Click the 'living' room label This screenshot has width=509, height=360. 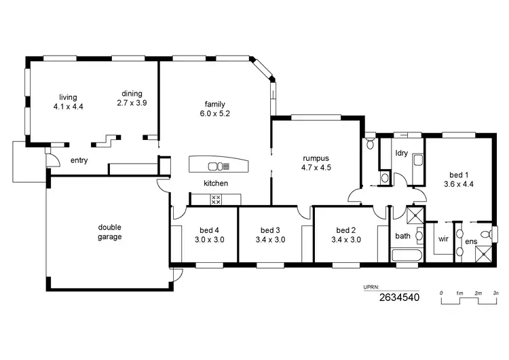(x=67, y=97)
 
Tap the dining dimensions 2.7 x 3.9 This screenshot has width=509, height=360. (x=132, y=103)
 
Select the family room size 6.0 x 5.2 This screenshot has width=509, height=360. (x=215, y=113)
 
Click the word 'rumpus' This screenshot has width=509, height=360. (x=316, y=157)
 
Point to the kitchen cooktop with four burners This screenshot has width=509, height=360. (x=216, y=199)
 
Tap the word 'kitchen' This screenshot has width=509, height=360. (x=216, y=183)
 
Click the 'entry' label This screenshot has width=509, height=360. (x=79, y=161)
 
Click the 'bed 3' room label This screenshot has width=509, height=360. (x=269, y=230)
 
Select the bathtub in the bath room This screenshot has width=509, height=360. (x=407, y=256)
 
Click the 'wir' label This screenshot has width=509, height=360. (x=444, y=239)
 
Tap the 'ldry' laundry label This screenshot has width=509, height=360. (x=401, y=154)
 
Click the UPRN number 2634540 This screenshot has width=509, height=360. (x=399, y=297)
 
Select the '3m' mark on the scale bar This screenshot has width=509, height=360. (x=496, y=293)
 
